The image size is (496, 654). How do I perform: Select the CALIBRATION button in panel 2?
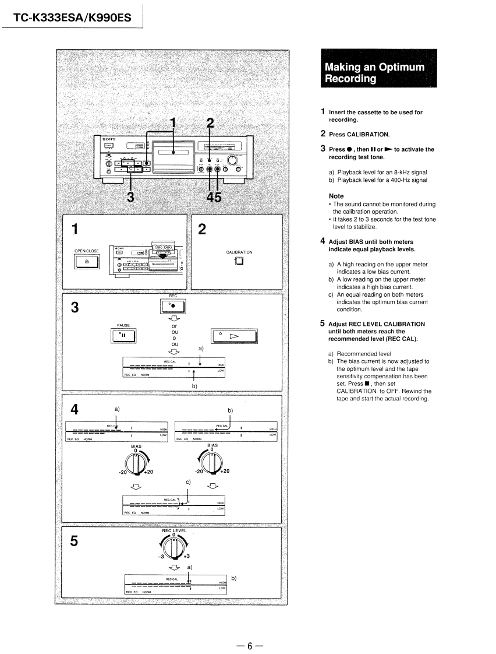239,261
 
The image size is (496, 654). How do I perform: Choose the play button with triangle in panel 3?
233,336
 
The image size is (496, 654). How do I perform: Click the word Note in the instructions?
336,196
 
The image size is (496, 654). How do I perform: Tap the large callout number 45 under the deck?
214,197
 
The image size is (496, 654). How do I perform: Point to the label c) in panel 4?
188,482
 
